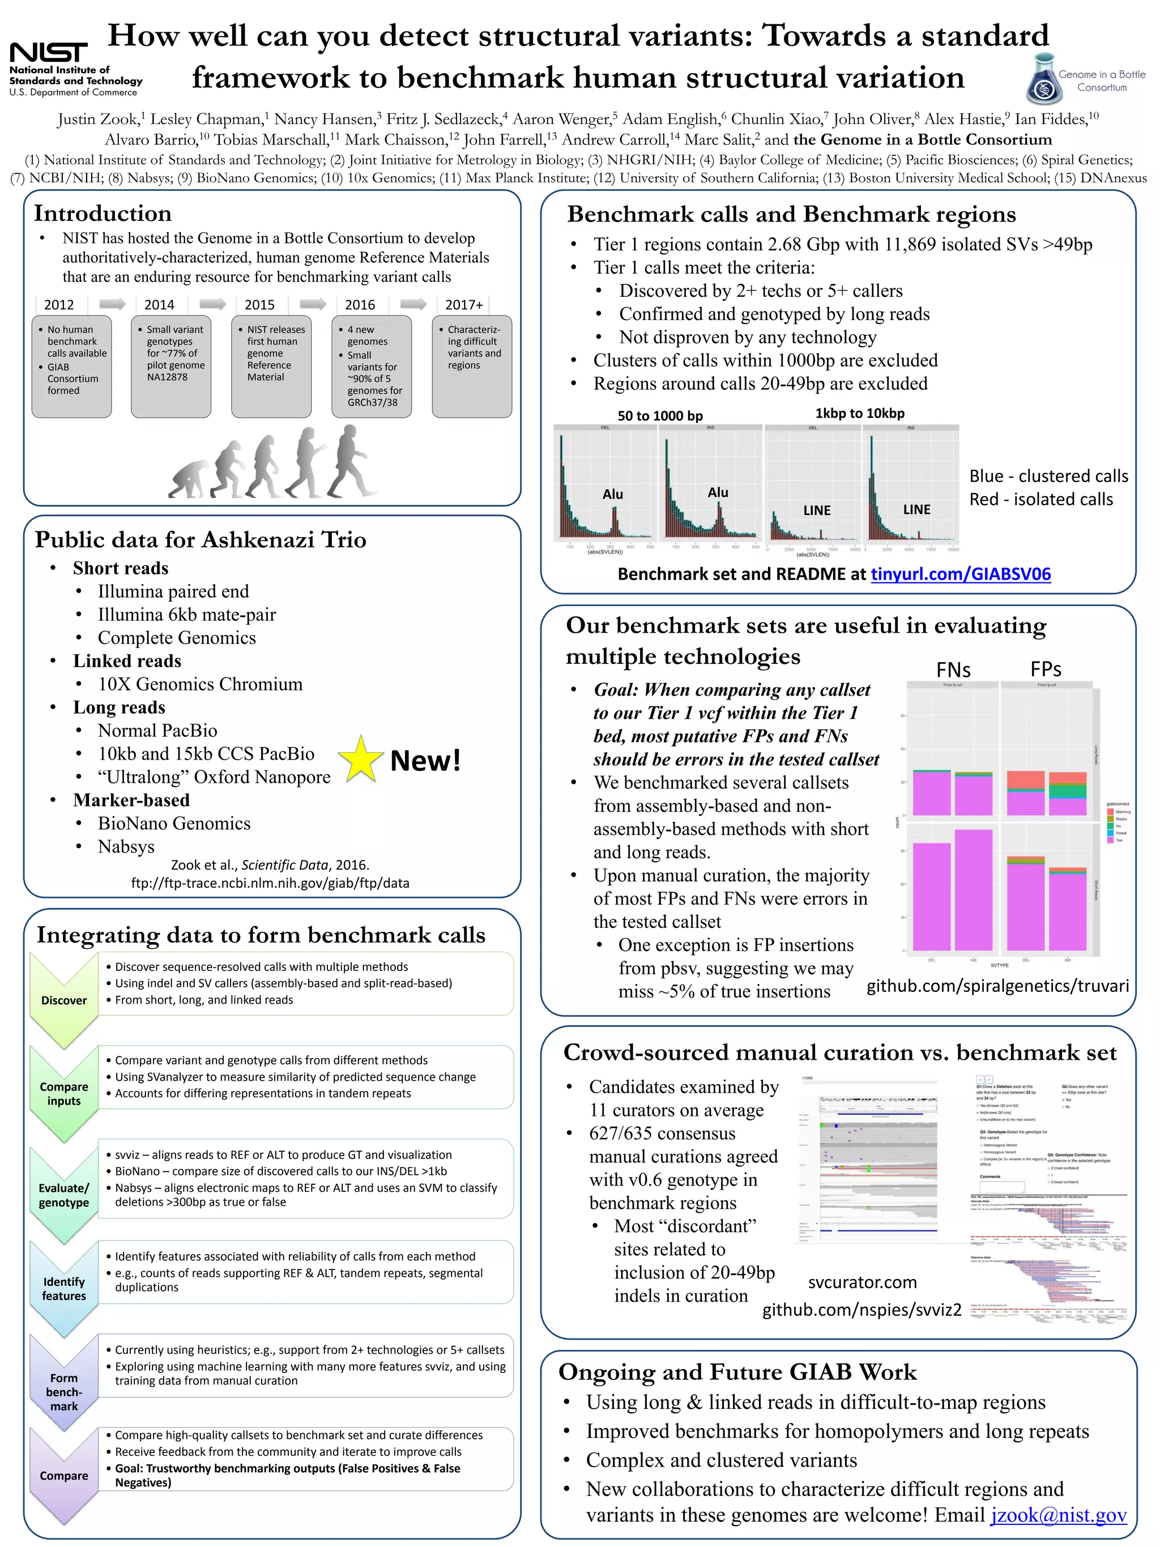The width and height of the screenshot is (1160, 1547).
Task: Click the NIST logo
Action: pyautogui.click(x=49, y=53)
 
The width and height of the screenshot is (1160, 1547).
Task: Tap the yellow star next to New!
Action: pyautogui.click(x=360, y=759)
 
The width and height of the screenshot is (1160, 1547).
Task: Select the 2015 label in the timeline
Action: pyautogui.click(x=259, y=305)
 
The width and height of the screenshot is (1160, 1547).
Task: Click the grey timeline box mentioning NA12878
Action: pyautogui.click(x=170, y=366)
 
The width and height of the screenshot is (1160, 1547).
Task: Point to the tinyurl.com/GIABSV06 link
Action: pyautogui.click(x=960, y=574)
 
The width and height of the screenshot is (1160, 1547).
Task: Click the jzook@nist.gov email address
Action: pyautogui.click(x=1059, y=1515)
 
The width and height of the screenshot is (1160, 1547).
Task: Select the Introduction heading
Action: pyautogui.click(x=103, y=214)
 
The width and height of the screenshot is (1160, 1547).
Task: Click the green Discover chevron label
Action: pyautogui.click(x=63, y=1000)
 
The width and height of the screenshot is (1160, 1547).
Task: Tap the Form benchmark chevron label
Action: pyautogui.click(x=63, y=1392)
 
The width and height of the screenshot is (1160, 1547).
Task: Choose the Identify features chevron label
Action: pyautogui.click(x=63, y=1288)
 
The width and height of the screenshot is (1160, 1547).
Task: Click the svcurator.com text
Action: pyautogui.click(x=862, y=1282)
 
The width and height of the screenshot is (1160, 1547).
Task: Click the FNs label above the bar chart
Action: pyautogui.click(x=953, y=670)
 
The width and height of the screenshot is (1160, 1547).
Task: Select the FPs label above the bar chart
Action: pyautogui.click(x=1046, y=670)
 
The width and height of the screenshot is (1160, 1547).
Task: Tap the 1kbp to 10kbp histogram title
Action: pyautogui.click(x=859, y=414)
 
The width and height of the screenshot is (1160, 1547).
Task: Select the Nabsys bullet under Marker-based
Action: pyautogui.click(x=126, y=846)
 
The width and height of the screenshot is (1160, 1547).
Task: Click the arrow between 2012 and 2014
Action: pyautogui.click(x=112, y=304)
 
